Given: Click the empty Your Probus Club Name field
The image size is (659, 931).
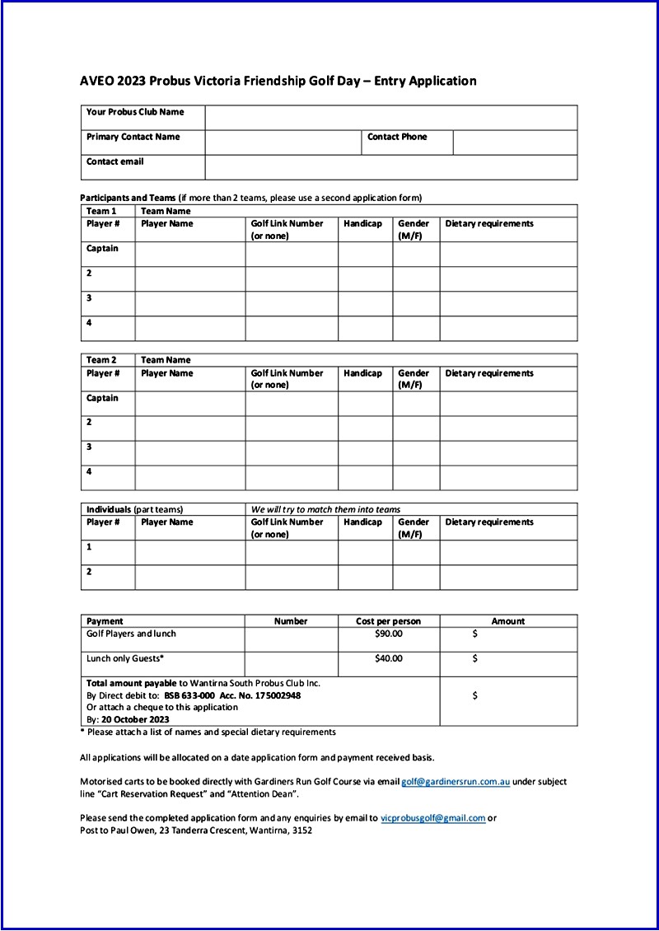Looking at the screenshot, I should click(x=391, y=117).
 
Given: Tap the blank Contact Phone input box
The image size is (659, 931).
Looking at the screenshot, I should click(x=515, y=142).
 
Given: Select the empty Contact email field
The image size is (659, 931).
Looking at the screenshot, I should click(x=391, y=167).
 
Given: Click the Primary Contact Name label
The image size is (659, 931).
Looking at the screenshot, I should click(x=133, y=137).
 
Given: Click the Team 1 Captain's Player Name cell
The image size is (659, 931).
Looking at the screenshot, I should click(x=190, y=254).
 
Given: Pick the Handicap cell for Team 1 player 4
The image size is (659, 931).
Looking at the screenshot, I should click(x=365, y=328).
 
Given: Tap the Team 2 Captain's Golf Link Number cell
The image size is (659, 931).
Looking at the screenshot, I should click(x=292, y=404).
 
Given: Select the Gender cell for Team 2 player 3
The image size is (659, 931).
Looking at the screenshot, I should click(x=416, y=453).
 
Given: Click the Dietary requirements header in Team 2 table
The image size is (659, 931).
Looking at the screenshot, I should click(x=489, y=373).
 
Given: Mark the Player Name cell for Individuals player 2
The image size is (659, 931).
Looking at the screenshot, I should click(x=190, y=577).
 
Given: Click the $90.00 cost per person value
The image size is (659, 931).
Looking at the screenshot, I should click(x=389, y=634).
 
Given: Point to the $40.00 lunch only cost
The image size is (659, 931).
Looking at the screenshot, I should click(x=389, y=658).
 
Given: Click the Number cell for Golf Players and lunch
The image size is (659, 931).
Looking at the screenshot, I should click(x=292, y=639).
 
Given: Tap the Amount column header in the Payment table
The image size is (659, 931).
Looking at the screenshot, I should click(x=508, y=621).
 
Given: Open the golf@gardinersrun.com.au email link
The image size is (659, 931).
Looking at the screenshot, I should click(x=456, y=781).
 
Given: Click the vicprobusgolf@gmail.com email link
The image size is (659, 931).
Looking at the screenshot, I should click(x=432, y=818).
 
